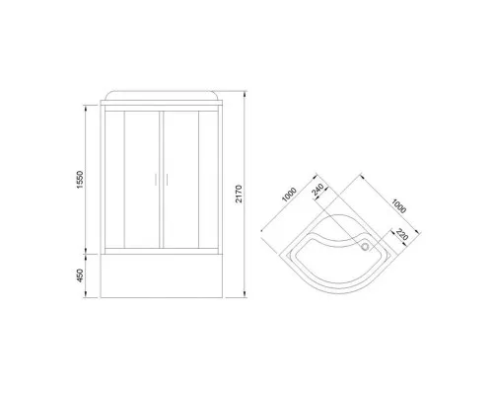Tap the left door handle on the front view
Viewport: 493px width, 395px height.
155,182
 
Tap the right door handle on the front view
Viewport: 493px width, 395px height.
169,182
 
